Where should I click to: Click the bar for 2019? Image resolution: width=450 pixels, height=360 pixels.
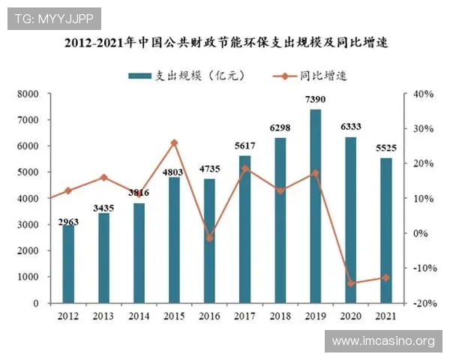coord(315,206)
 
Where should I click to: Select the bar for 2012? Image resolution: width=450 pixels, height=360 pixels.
coord(68,264)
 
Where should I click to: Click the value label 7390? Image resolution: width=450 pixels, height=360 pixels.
coord(315,99)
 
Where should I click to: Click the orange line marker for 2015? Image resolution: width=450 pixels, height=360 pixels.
coord(174,142)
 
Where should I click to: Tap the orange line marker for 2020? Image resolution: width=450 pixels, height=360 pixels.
coord(350,283)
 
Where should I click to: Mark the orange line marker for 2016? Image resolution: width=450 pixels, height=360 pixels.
coord(209,238)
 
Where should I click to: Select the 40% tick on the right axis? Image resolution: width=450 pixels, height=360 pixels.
coord(419,94)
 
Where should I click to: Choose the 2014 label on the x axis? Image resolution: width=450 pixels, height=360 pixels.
coord(139,316)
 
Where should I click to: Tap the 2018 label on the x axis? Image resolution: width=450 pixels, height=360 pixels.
coord(280,316)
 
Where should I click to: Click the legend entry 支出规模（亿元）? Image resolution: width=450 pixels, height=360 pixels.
coord(186,75)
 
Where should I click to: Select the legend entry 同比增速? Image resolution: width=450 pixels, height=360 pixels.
coord(308,75)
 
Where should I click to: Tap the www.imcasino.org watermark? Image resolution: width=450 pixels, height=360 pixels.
coord(383,341)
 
